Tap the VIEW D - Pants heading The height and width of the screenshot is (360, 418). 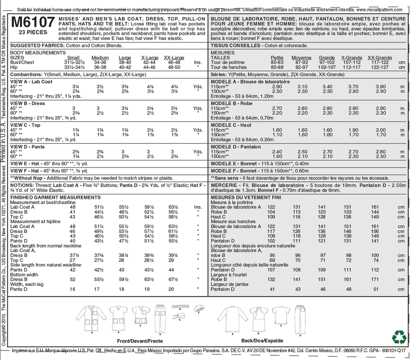click(x=27, y=147)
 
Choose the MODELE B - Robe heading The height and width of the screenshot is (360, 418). click(x=231, y=103)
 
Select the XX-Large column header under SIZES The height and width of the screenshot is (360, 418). click(x=174, y=58)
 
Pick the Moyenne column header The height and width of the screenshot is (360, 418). click(x=302, y=58)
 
